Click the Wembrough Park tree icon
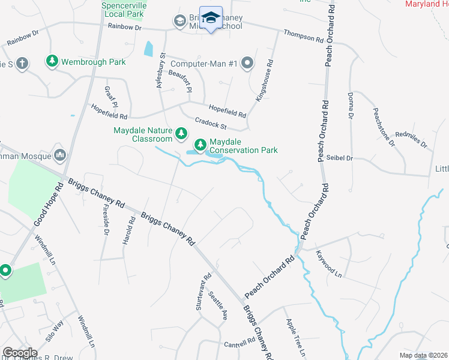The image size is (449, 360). tap(53, 61)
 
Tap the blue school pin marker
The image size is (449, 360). tap(211, 19)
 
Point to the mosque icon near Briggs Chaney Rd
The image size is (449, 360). tap(59, 156)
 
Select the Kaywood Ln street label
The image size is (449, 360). tap(328, 263)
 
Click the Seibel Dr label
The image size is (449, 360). tap(340, 158)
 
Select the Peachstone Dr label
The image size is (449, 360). tap(384, 127)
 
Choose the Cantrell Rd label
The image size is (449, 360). tap(240, 343)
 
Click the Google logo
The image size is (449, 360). tap(20, 352)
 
